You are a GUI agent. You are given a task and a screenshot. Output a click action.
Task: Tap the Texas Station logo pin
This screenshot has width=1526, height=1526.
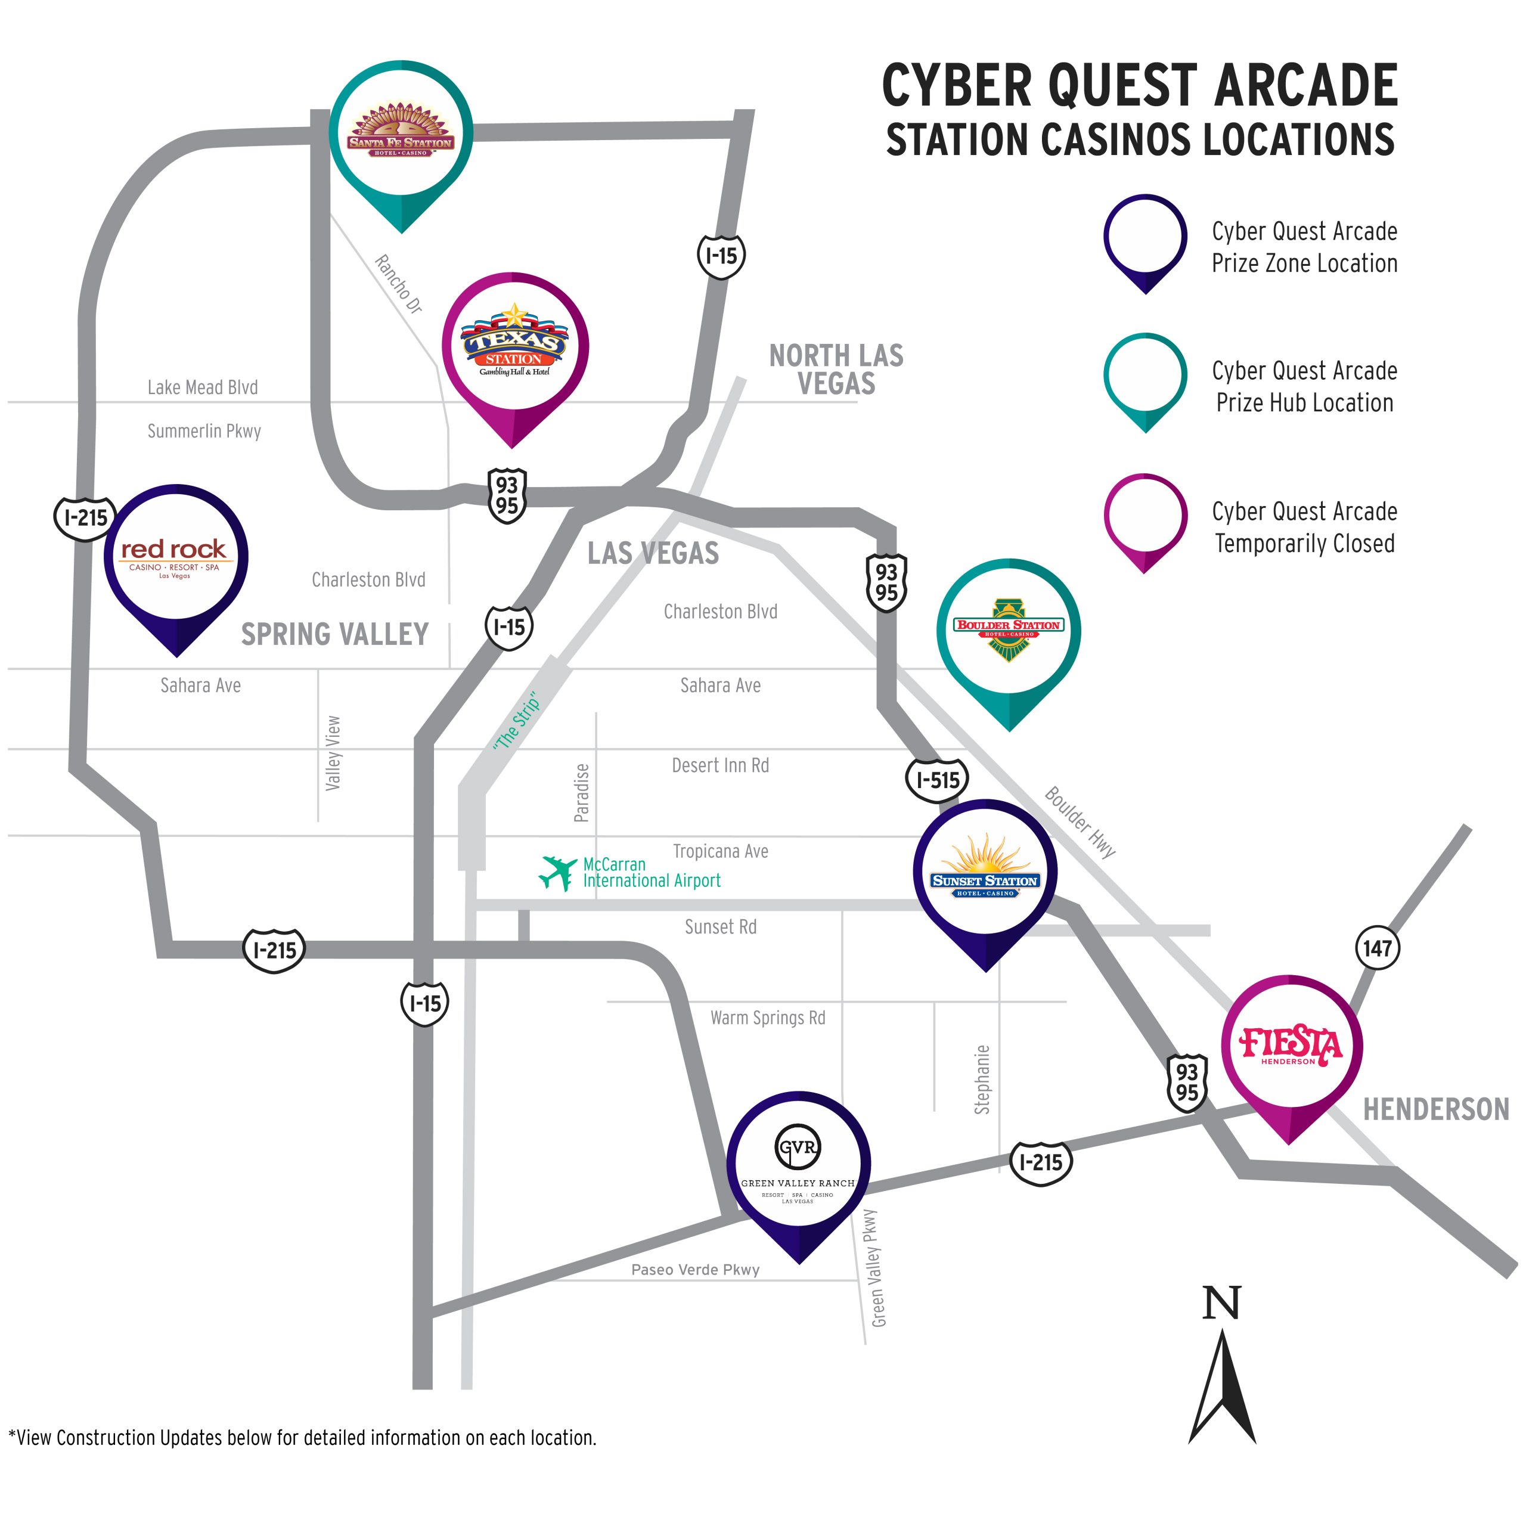515,347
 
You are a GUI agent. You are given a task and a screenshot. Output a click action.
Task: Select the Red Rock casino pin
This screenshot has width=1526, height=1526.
176,557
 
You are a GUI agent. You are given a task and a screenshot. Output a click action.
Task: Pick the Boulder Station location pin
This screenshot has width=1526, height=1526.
1009,631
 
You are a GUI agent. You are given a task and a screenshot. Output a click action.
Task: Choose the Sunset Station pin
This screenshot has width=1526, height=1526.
985,872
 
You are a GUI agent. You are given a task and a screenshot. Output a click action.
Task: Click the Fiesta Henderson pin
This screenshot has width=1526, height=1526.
1291,1047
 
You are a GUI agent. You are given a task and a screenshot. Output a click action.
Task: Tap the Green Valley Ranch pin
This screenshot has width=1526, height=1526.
799,1164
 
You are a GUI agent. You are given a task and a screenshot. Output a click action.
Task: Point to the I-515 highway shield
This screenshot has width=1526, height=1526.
937,780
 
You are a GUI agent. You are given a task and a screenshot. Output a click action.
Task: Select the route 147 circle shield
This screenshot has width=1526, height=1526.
1378,948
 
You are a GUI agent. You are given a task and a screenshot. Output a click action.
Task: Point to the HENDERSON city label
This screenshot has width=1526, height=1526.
1436,1110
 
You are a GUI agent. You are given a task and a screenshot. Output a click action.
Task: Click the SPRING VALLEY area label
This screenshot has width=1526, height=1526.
335,634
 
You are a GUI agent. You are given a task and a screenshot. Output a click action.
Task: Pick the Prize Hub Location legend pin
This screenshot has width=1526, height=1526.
1144,377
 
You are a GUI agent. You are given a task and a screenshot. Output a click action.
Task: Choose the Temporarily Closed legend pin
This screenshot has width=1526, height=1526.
1144,517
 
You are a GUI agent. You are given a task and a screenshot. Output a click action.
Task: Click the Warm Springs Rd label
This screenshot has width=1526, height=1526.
768,1018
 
